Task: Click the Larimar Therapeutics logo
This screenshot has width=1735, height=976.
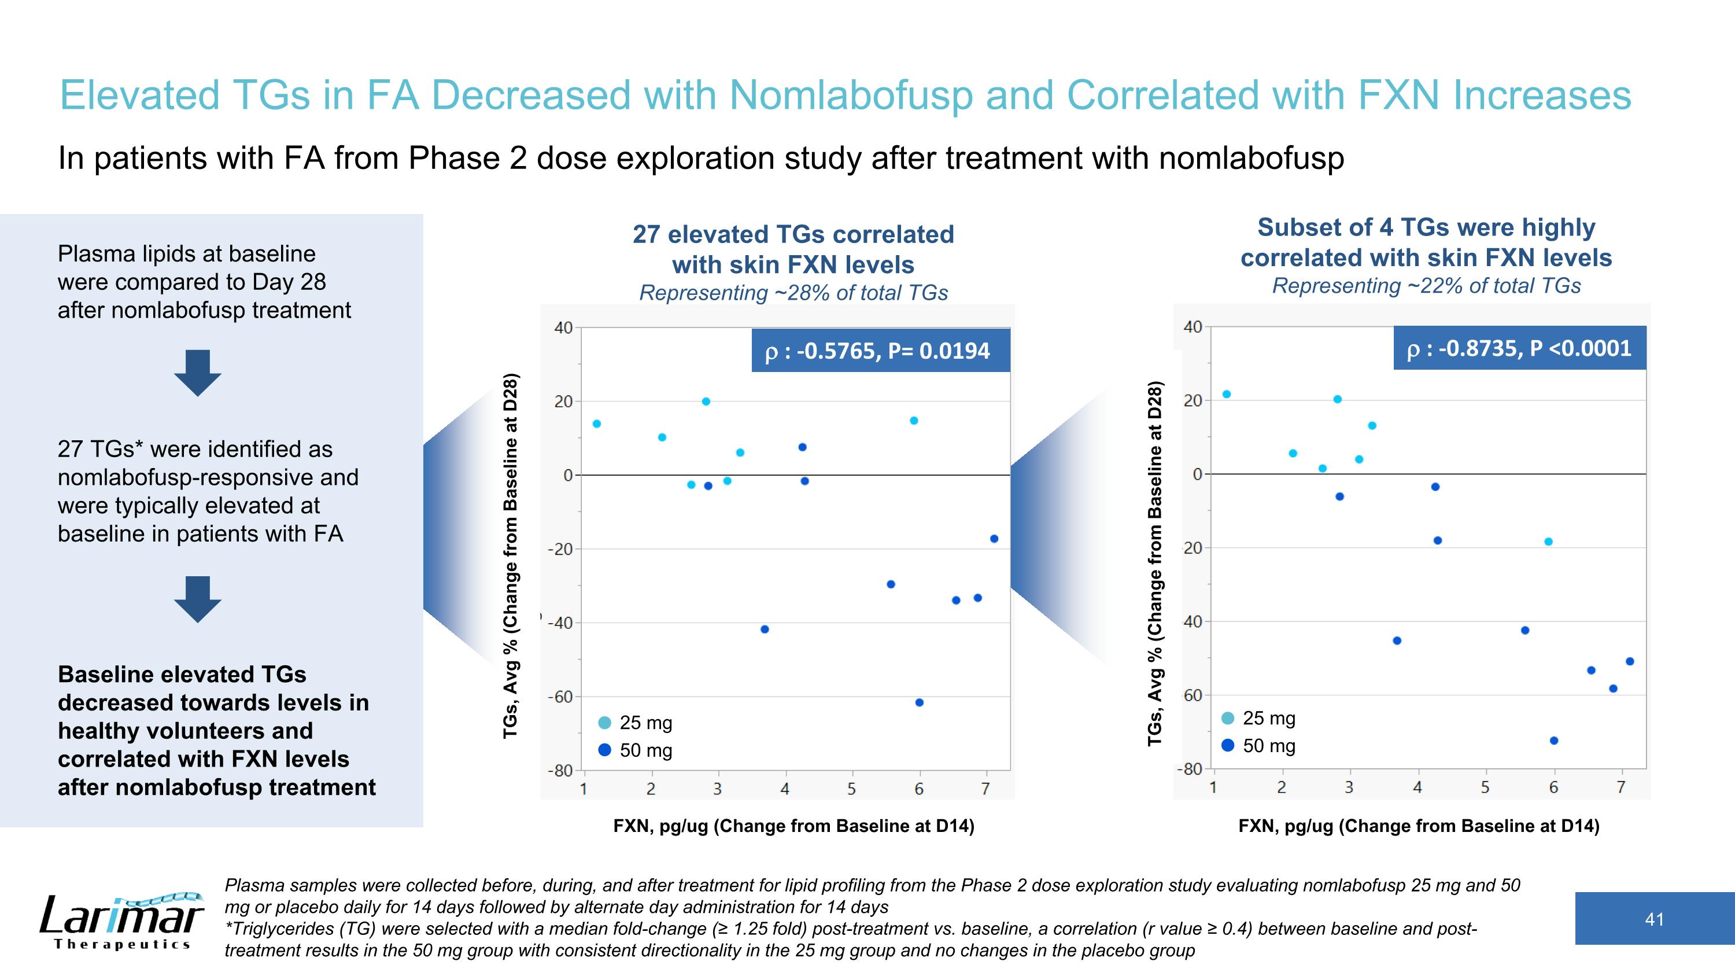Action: click(121, 920)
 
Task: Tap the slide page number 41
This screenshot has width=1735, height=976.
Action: click(1654, 919)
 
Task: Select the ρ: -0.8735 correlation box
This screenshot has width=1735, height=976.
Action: click(1519, 348)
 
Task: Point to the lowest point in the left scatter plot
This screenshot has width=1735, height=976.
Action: click(920, 702)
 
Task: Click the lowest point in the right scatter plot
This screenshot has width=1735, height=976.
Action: click(1554, 741)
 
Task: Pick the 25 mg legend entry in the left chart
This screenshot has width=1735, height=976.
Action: click(635, 723)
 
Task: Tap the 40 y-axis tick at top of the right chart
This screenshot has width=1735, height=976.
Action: click(1192, 327)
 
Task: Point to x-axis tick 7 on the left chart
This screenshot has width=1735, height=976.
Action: click(985, 789)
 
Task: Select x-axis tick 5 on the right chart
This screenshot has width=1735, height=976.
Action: click(1485, 787)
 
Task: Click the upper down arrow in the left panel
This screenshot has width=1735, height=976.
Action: click(197, 373)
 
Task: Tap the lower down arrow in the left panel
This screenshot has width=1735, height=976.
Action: click(197, 599)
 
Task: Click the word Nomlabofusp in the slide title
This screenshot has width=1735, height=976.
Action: click(851, 95)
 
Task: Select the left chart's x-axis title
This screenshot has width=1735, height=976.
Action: click(793, 826)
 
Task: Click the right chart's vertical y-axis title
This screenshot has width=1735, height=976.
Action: click(1155, 563)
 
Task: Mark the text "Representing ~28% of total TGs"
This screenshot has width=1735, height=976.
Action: click(793, 293)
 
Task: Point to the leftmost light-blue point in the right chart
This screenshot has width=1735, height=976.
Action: click(1227, 394)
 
